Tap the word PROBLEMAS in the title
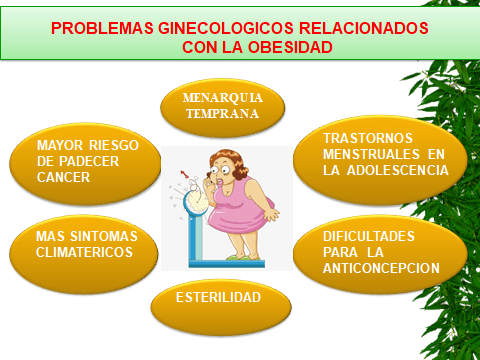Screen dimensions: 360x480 98,27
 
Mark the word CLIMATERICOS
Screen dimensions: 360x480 83,252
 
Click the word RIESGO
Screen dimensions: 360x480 119,144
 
